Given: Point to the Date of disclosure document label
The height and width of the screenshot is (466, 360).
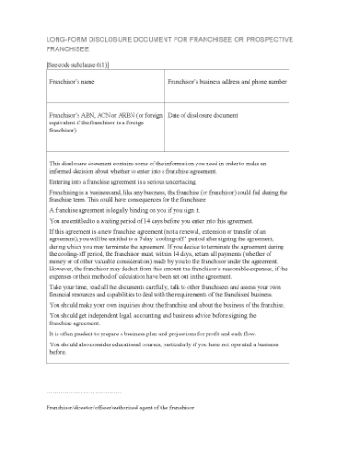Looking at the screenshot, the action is pyautogui.click(x=203, y=116).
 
